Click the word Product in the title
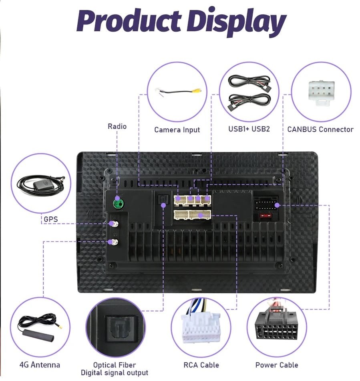[x=129, y=21]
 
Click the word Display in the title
[x=237, y=22]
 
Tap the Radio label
[x=117, y=126]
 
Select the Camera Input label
[x=177, y=130]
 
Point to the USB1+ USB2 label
[x=249, y=129]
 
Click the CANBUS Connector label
[x=320, y=129]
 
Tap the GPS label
[x=51, y=219]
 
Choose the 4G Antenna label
[x=40, y=365]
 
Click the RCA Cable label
[x=201, y=365]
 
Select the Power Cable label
[x=277, y=365]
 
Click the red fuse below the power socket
[x=265, y=216]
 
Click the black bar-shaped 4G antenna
[x=38, y=335]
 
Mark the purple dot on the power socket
[x=277, y=205]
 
